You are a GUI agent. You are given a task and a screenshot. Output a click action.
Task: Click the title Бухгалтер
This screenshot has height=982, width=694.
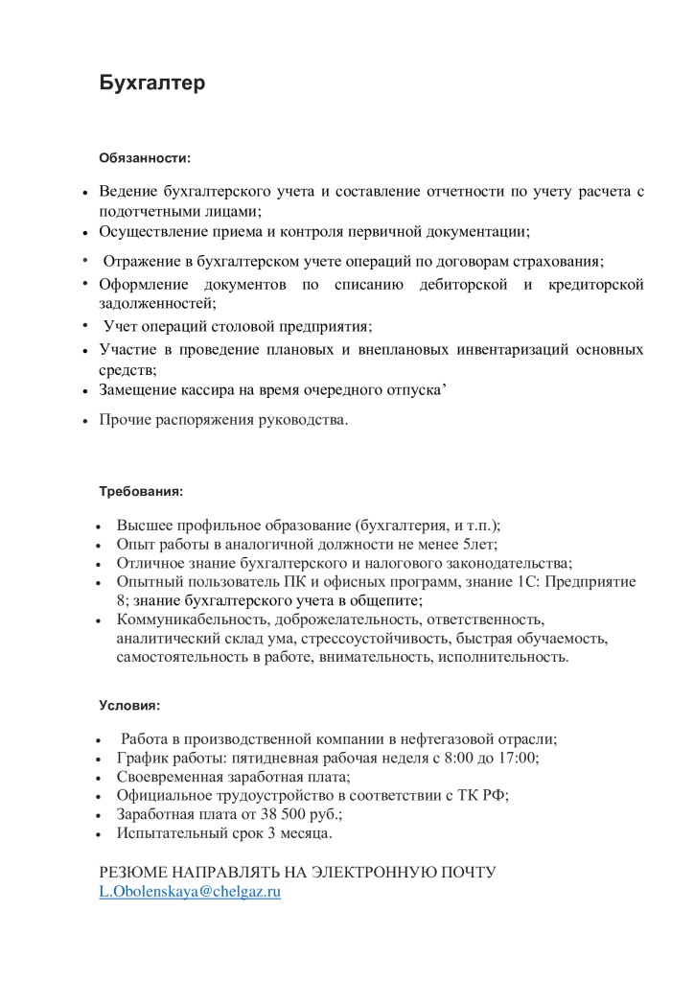pyautogui.click(x=153, y=83)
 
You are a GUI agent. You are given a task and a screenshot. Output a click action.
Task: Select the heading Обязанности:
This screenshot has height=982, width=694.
pyautogui.click(x=146, y=156)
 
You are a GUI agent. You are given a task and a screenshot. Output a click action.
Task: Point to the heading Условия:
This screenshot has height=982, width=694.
pyautogui.click(x=130, y=705)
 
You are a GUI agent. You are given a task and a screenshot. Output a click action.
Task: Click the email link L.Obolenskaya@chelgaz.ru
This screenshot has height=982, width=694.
pyautogui.click(x=190, y=892)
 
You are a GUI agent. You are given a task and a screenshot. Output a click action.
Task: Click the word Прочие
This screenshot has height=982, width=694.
pyautogui.click(x=122, y=420)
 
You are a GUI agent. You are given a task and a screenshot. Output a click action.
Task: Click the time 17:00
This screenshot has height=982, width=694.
pyautogui.click(x=517, y=758)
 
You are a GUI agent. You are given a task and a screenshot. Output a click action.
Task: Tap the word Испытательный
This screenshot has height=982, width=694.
pyautogui.click(x=167, y=833)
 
